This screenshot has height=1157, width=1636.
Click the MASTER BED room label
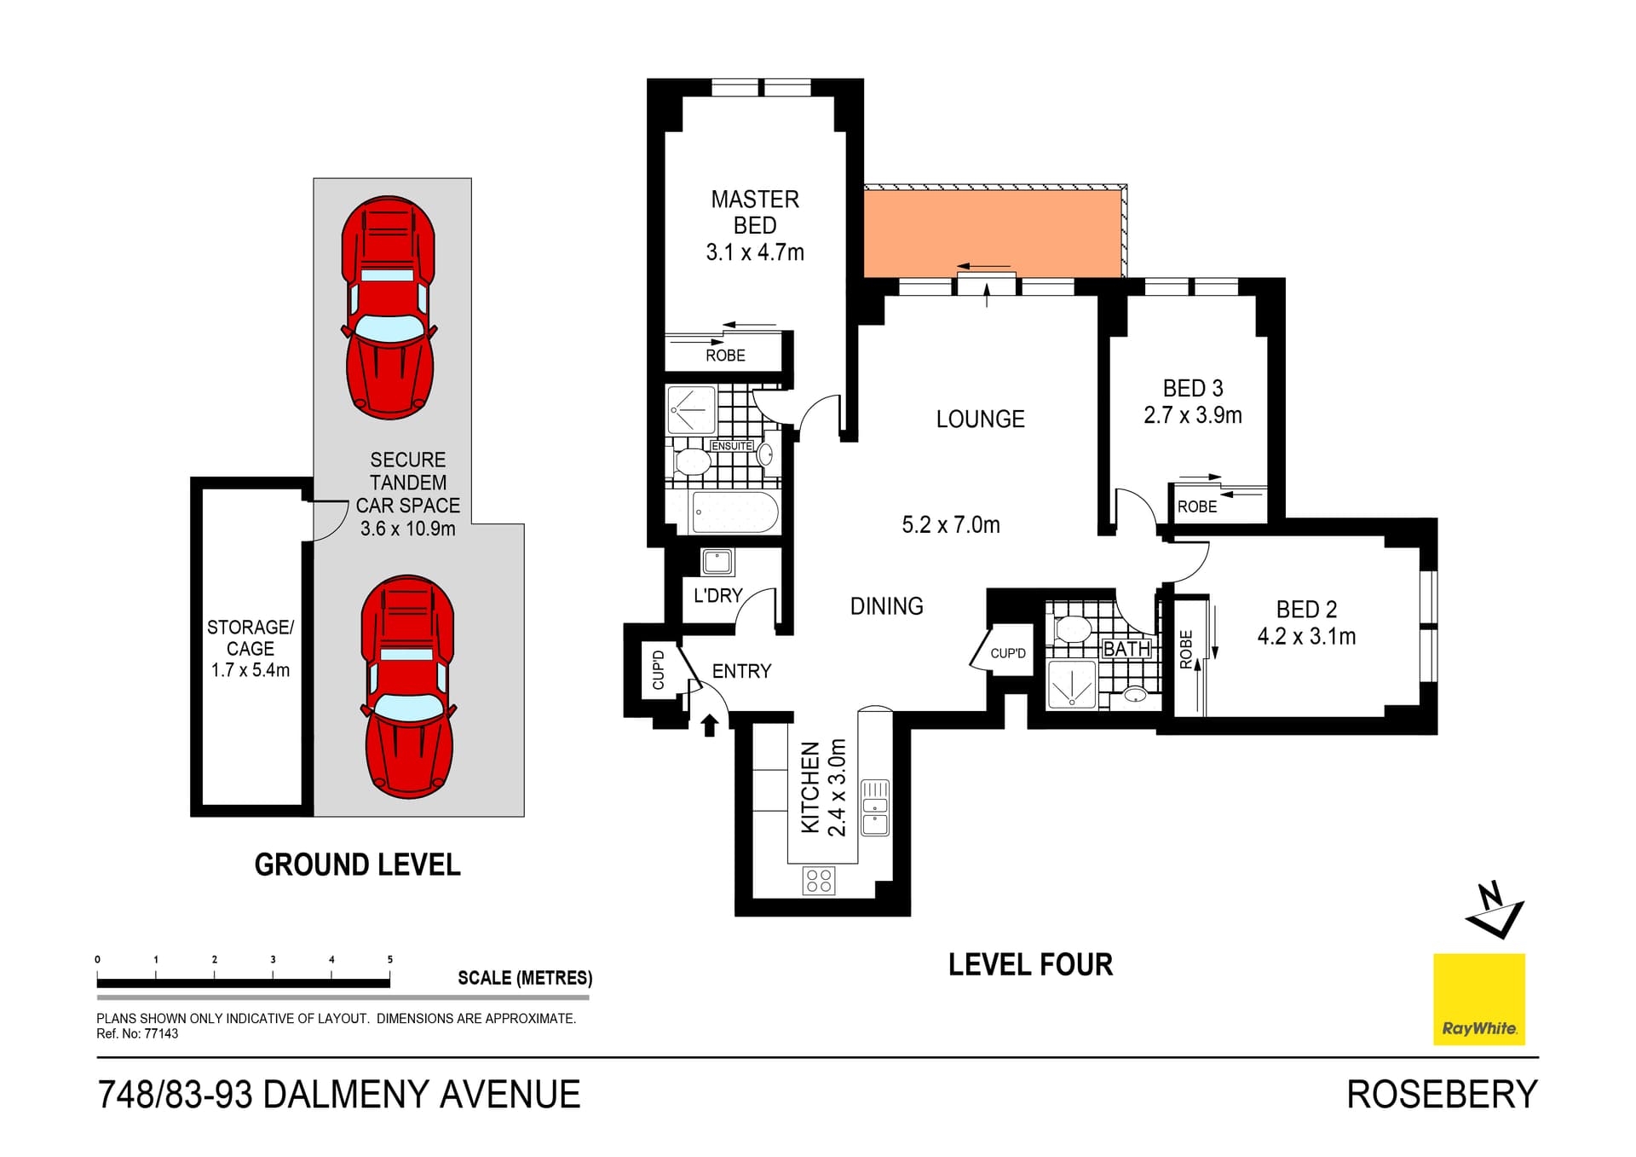(755, 212)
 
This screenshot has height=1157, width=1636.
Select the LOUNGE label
(980, 419)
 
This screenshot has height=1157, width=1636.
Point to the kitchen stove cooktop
(819, 881)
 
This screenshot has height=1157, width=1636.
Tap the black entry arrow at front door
(709, 726)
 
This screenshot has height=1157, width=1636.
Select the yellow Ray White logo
(1478, 998)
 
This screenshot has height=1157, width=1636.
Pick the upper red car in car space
(389, 308)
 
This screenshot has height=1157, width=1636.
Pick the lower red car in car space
(409, 686)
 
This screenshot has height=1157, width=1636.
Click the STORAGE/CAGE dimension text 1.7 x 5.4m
(251, 670)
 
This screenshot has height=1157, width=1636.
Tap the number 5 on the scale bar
(390, 959)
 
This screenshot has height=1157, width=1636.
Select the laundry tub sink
(717, 562)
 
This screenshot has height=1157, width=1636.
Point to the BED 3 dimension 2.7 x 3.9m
(1192, 415)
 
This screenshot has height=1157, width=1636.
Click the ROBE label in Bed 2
(1186, 649)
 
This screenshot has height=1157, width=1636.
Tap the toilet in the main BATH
(1073, 630)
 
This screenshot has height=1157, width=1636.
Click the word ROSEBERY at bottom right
(1442, 1094)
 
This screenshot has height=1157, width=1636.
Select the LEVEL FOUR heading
(1030, 964)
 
